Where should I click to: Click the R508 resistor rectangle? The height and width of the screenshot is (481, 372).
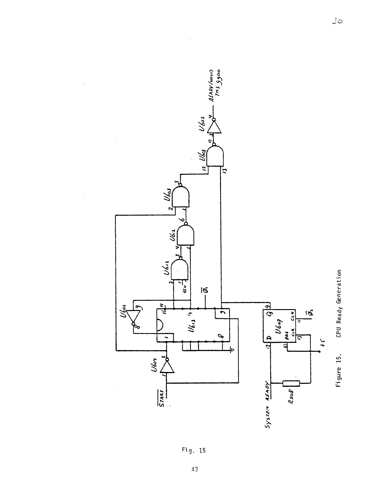pos(291,383)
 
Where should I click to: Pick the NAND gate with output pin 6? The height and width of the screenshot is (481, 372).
pos(185,235)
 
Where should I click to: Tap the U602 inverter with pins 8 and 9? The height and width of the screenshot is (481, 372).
pos(133,316)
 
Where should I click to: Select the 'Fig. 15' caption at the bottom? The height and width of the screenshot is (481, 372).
pos(194,450)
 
